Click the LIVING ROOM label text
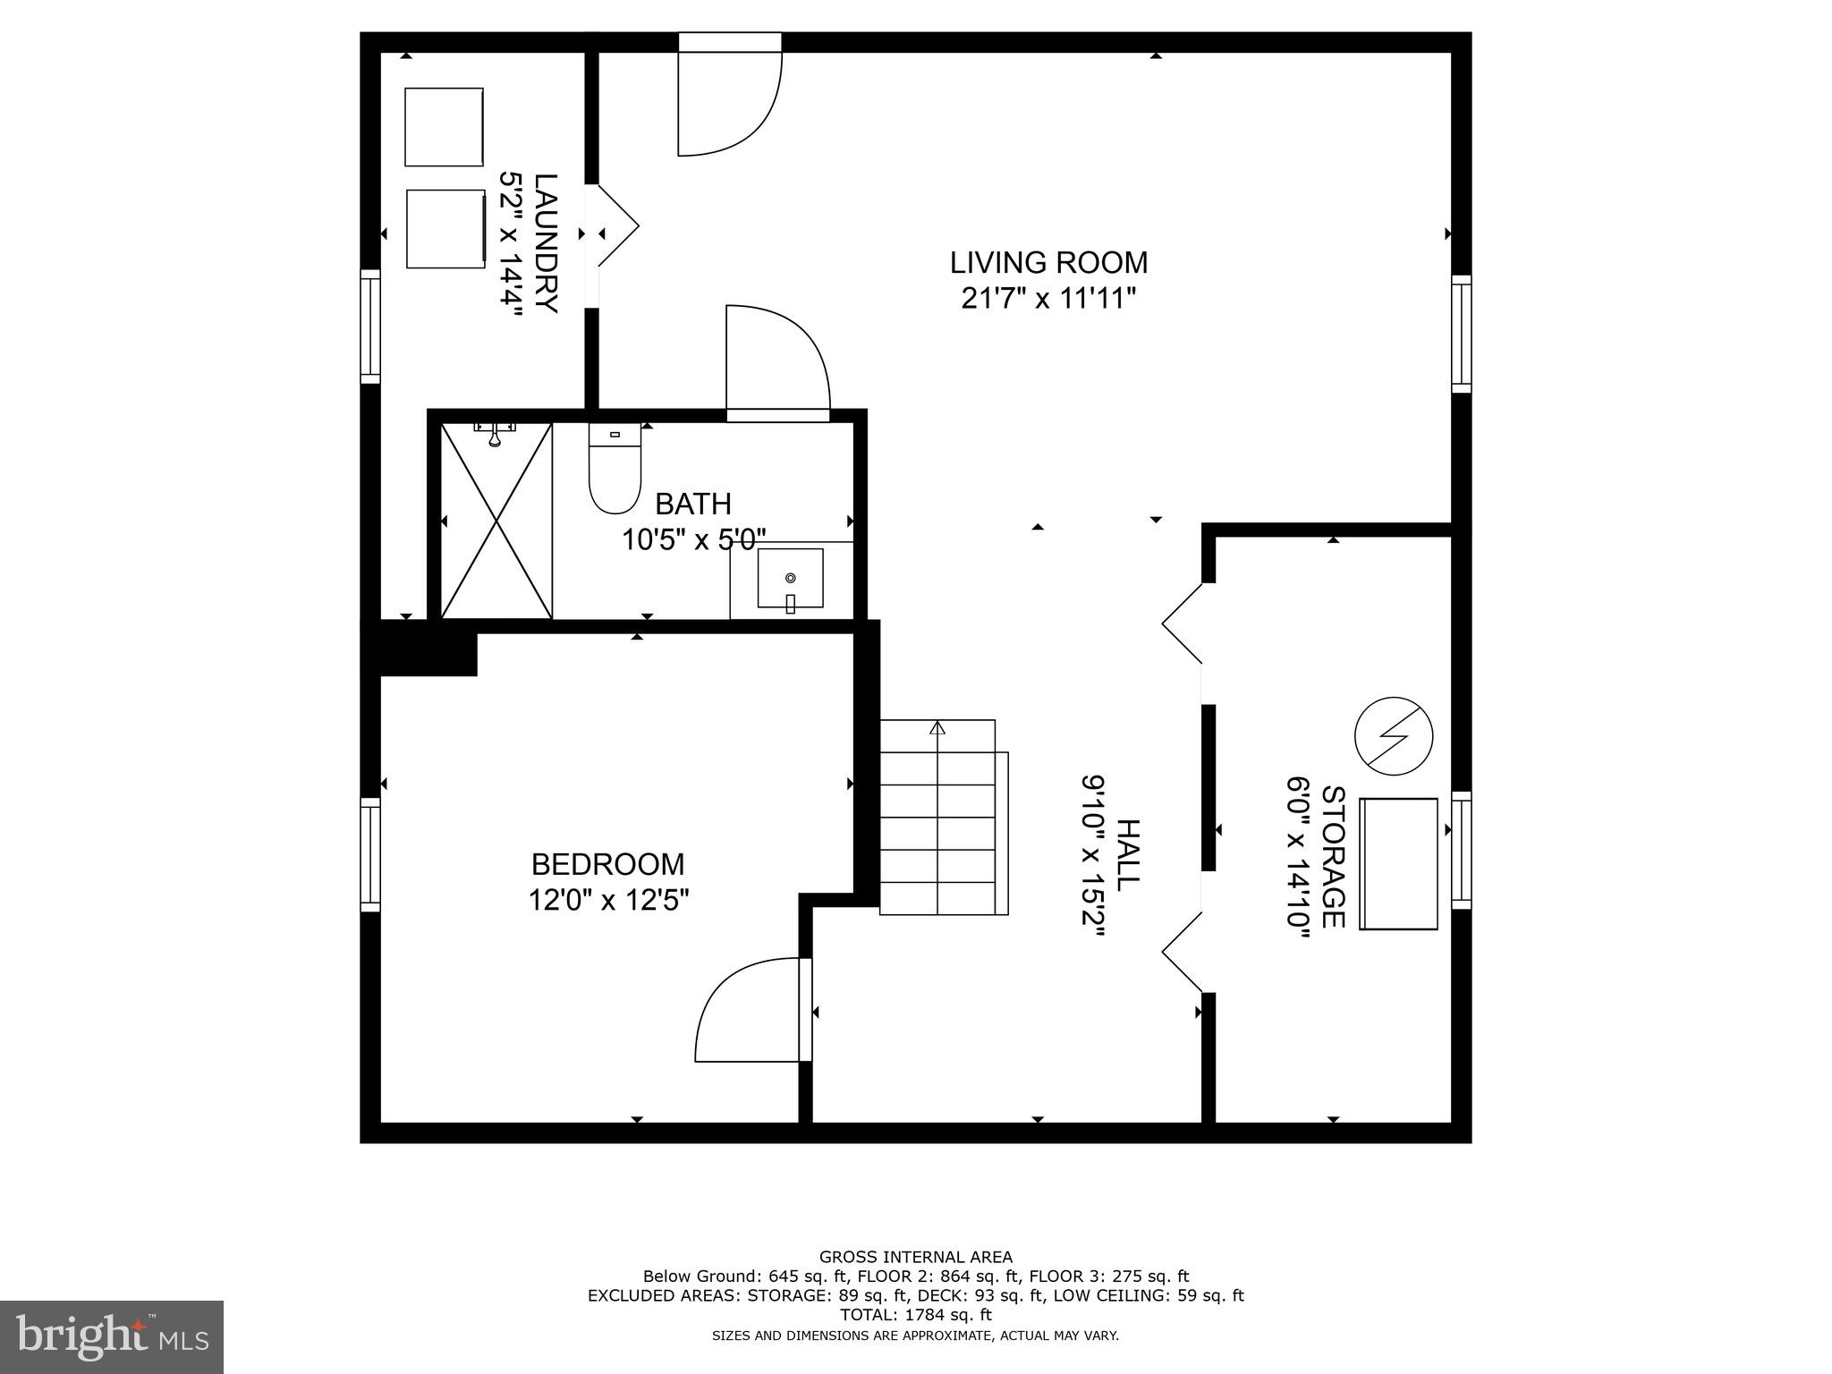coord(1048,263)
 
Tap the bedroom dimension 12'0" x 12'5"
coord(608,899)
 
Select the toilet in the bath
coord(615,474)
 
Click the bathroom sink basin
coord(790,579)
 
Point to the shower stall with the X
coord(496,521)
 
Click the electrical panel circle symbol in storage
coord(1394,736)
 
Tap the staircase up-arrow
coord(937,728)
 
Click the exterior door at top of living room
coord(729,98)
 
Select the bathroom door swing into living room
coord(776,358)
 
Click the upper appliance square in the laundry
coord(444,127)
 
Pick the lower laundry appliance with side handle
coord(445,228)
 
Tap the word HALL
coord(1128,853)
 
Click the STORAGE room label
coord(1333,857)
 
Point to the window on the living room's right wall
coord(1461,333)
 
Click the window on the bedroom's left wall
coord(370,854)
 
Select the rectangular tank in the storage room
coord(1398,863)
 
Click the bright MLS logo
coord(112,1336)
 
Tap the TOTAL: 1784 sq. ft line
coord(915,1315)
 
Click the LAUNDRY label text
coord(547,242)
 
